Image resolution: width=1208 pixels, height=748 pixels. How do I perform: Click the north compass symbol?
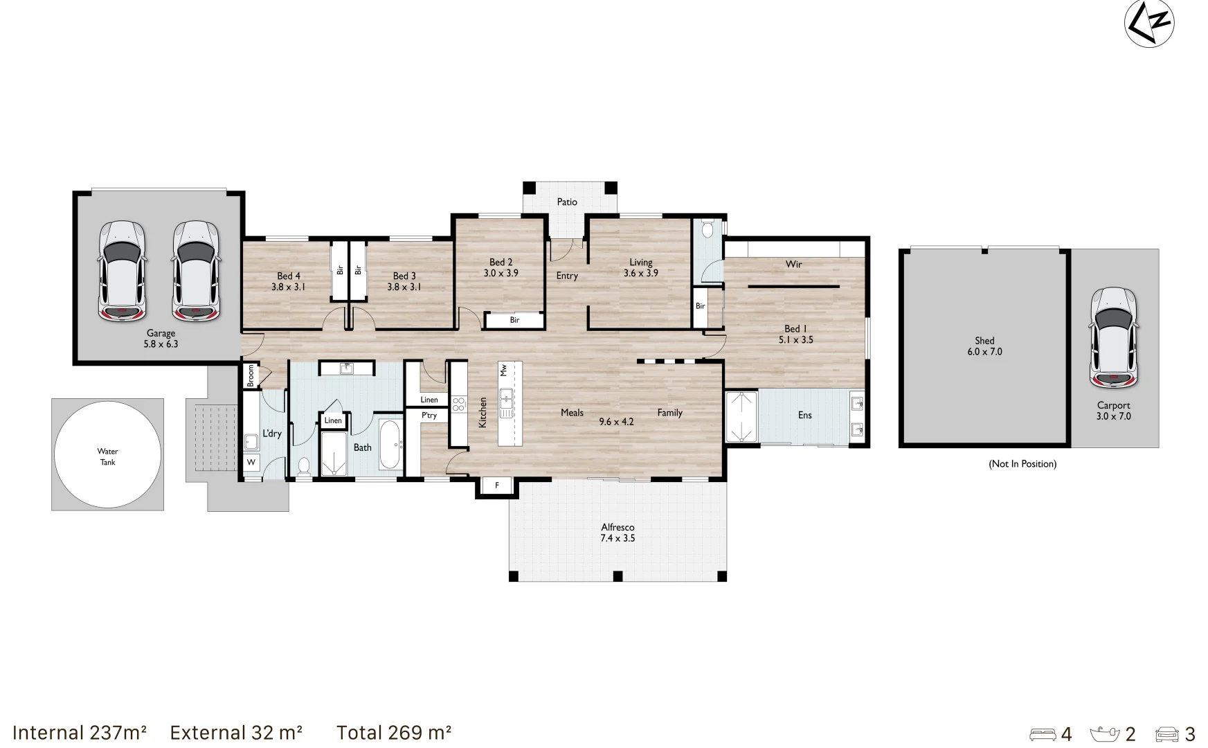[x=1148, y=23]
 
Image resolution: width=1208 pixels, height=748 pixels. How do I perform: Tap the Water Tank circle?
[x=107, y=456]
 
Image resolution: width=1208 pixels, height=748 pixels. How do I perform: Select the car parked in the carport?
[x=1113, y=337]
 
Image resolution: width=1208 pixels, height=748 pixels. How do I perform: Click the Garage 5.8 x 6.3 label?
[x=161, y=339]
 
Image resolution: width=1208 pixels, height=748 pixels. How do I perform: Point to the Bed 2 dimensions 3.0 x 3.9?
[x=501, y=273]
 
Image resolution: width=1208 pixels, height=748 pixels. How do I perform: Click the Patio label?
[x=567, y=202]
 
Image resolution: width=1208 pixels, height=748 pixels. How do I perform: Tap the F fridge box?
[x=496, y=486]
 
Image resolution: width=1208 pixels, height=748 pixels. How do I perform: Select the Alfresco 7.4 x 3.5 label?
[x=617, y=533]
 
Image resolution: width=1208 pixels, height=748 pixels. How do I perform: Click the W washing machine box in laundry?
[x=251, y=462]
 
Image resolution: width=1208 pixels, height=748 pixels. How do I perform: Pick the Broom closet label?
[x=251, y=375]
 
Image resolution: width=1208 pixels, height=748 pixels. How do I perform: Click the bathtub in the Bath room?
[x=390, y=445]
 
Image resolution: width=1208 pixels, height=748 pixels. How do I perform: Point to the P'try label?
[x=429, y=416]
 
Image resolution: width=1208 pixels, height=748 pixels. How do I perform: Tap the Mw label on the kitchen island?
[x=503, y=370]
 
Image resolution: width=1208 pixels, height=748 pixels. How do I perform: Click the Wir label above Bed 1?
[x=793, y=264]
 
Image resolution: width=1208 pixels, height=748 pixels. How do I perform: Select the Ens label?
[x=804, y=415]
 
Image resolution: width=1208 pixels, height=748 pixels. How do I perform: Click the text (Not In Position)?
[x=1022, y=463]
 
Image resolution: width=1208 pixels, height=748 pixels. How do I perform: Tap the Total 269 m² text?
[x=394, y=733]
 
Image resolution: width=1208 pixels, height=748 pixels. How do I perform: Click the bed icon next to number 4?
[x=1043, y=734]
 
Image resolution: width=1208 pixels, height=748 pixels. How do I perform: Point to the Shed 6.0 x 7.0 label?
[x=984, y=346]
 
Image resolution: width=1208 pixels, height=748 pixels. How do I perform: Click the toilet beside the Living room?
[x=707, y=229]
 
